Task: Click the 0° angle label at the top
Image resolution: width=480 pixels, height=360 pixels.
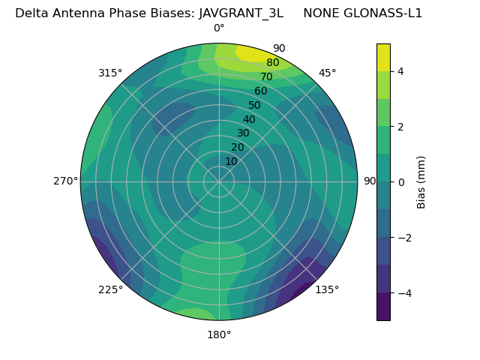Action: click(x=219, y=28)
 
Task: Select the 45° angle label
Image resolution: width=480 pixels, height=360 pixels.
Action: click(x=327, y=73)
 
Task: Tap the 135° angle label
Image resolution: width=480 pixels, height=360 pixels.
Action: click(x=327, y=289)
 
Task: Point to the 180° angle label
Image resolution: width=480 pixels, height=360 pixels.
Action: click(x=219, y=334)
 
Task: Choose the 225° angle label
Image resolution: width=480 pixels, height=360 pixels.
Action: click(x=110, y=289)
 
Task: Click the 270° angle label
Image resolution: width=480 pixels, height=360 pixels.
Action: click(x=65, y=181)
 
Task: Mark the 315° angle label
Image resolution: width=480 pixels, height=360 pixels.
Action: click(x=110, y=73)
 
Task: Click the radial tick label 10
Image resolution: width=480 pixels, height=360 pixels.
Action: click(x=231, y=161)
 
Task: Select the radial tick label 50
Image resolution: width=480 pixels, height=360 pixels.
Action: click(x=254, y=106)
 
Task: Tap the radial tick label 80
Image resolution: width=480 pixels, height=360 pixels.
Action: click(x=272, y=63)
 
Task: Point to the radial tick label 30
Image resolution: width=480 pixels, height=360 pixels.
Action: click(x=243, y=133)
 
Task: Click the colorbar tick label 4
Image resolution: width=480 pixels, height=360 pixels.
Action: click(x=401, y=71)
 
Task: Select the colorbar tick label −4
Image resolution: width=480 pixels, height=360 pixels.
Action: click(x=404, y=292)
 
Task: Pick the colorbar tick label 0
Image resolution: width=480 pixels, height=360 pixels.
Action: click(x=401, y=181)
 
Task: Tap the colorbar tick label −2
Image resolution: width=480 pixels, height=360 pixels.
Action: click(x=404, y=237)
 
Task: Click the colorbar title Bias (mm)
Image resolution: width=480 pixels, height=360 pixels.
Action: click(x=421, y=181)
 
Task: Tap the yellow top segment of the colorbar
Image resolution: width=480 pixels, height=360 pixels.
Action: click(x=383, y=57)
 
